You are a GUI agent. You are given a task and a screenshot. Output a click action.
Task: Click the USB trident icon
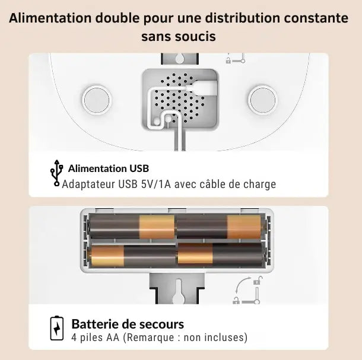57,173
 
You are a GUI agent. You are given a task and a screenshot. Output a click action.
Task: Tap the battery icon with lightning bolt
57,329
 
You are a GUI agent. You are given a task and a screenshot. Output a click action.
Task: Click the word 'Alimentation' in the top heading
50,18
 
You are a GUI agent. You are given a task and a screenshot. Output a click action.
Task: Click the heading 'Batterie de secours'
128,324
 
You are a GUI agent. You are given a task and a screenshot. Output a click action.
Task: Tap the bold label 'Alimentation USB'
109,168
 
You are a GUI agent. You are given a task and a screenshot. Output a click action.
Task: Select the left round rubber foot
97,100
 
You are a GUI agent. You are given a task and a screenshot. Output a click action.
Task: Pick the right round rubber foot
263,100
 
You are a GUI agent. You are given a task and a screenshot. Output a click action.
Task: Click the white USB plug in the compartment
203,88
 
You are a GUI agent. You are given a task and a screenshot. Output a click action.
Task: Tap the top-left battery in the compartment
132,227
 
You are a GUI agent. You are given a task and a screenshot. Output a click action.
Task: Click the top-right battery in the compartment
219,227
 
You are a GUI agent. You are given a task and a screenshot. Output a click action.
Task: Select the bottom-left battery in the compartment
134,256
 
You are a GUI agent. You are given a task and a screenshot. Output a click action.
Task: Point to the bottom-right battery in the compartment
220,254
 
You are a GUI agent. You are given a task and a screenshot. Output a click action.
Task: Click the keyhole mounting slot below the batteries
179,291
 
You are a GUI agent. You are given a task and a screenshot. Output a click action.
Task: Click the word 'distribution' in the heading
242,18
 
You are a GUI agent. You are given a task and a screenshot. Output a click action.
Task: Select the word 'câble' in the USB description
212,184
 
